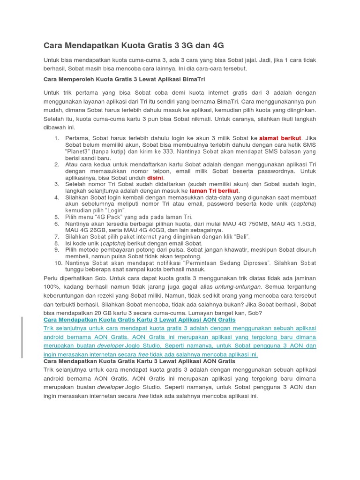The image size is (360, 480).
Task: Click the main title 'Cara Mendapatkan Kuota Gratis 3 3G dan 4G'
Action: (x=134, y=45)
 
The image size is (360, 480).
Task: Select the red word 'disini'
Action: (x=155, y=178)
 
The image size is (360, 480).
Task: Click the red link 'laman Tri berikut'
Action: (x=214, y=191)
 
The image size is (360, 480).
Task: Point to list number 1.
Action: (x=57, y=138)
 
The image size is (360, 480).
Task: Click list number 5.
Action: (x=57, y=217)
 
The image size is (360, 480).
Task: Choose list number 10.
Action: (x=56, y=263)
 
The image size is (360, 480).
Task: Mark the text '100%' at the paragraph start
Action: (x=51, y=286)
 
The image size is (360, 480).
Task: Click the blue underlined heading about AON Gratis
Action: (x=139, y=319)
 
